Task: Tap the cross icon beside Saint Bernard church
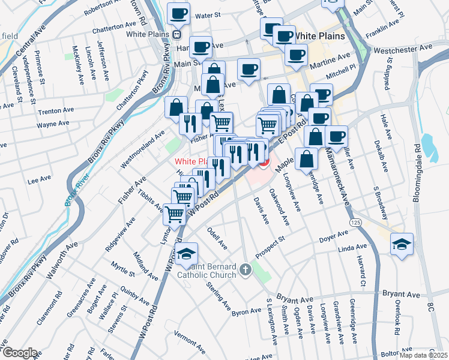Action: tap(246, 270)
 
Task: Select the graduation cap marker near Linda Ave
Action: tap(402, 244)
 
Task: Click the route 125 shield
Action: tap(356, 223)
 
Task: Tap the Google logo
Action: tap(19, 353)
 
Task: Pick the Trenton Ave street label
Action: tap(55, 112)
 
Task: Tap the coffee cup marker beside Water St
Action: tap(178, 13)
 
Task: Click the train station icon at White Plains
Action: tap(176, 34)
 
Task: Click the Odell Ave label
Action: tap(217, 238)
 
